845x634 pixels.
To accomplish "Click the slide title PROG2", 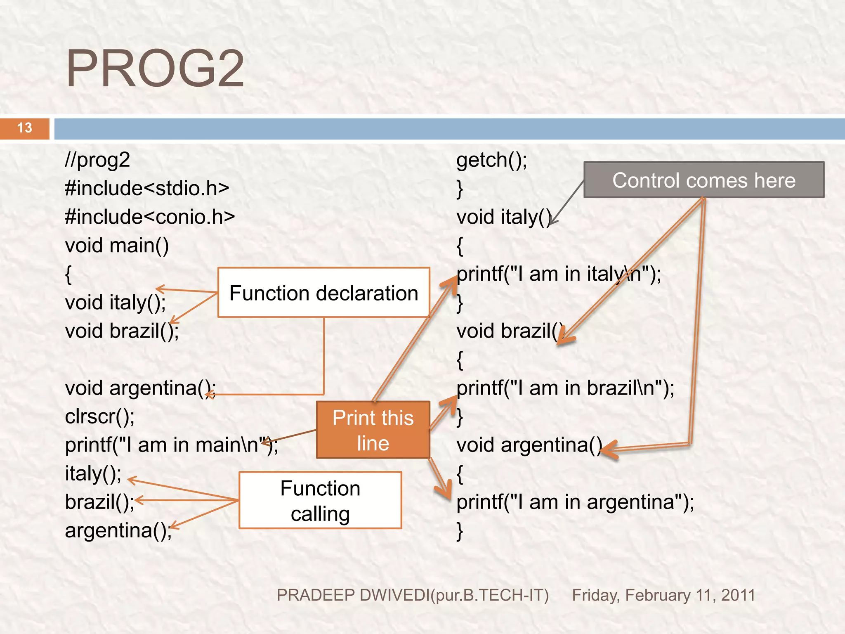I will pos(155,69).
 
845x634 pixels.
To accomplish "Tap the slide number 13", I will pos(25,128).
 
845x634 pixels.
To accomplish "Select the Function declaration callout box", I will pos(323,293).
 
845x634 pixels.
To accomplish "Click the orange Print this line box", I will pos(373,430).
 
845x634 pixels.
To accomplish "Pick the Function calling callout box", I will pos(320,500).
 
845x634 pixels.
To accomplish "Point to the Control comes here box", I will pos(703,180).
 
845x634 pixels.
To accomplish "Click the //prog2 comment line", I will pos(98,160).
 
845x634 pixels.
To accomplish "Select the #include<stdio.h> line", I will pos(147,188).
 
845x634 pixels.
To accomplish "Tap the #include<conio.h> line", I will pos(150,217).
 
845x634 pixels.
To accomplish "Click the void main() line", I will pos(117,245).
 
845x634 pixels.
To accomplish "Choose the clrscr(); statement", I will pos(100,416).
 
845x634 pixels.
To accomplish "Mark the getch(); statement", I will pos(491,160).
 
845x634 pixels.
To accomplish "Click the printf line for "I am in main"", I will pos(171,445).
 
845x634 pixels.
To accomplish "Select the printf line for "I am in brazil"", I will pos(565,388).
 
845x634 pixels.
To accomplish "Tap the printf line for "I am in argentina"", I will pos(575,502).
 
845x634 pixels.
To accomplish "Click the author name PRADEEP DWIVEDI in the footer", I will pos(413,595).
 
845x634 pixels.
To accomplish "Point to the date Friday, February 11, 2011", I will pos(663,595).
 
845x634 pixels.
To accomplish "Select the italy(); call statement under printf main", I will pos(93,473).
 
